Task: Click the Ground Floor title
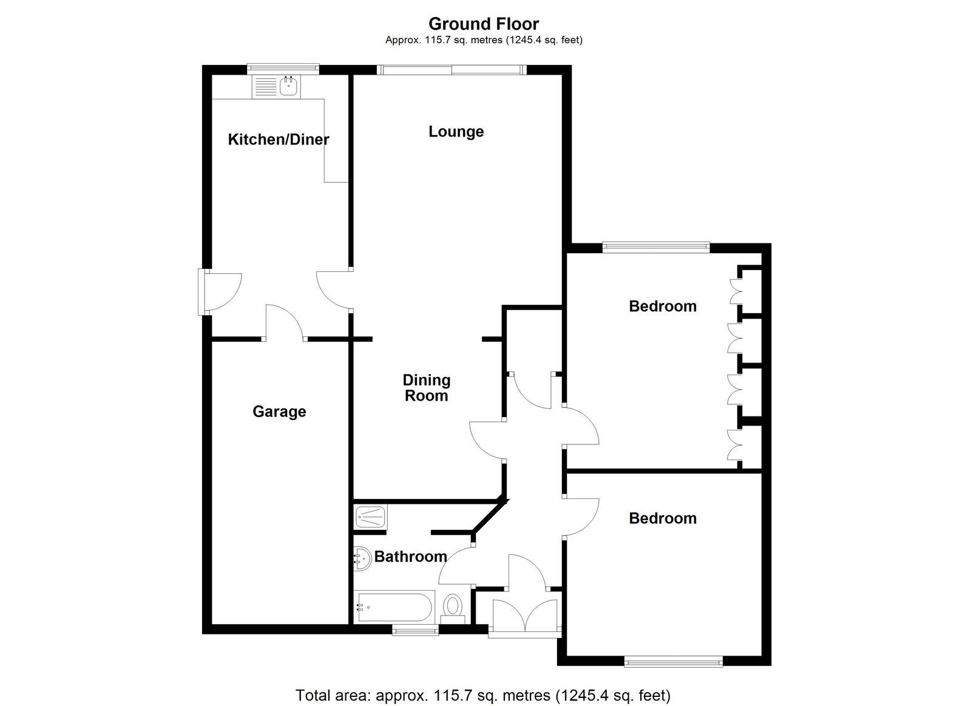tap(484, 24)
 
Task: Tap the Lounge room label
tap(456, 131)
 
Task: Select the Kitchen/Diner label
tap(279, 139)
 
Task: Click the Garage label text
tap(279, 411)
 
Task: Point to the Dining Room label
tap(427, 388)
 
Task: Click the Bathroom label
tap(410, 557)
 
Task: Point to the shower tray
tap(371, 517)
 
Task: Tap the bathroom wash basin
tap(362, 558)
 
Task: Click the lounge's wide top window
tap(452, 69)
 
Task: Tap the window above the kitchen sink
tap(283, 69)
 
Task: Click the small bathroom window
tap(415, 630)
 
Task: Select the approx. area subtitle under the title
tap(484, 40)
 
